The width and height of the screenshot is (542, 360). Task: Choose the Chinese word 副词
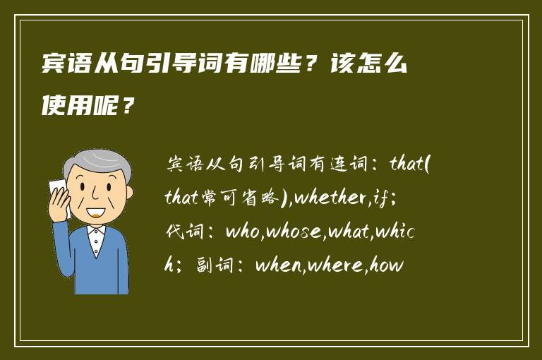tap(210, 266)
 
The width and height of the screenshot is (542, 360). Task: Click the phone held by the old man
tap(57, 195)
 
